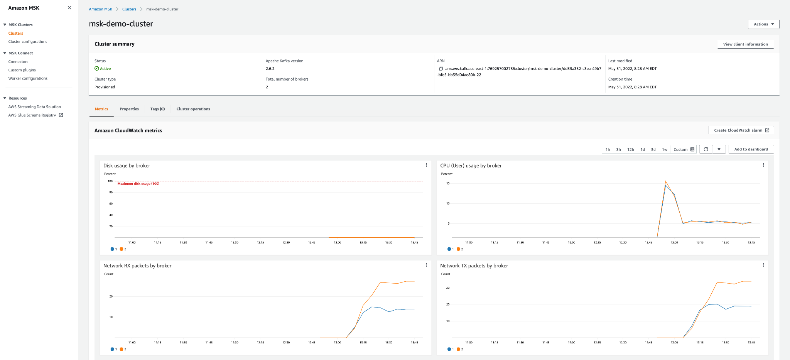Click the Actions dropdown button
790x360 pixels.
[763, 24]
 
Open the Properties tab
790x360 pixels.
[129, 109]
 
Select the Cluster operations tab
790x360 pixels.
[193, 109]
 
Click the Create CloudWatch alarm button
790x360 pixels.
[741, 130]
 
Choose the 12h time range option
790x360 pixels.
[630, 150]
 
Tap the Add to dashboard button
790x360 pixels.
[751, 149]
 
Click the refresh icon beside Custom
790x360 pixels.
[706, 149]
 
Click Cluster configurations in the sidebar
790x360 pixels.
[28, 42]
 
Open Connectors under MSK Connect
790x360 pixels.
[19, 62]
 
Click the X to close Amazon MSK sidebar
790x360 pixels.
[69, 8]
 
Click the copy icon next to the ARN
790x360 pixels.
[441, 69]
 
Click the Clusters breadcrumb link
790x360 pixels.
[129, 9]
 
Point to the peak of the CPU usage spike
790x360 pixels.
[665, 181]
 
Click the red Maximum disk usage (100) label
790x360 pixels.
[138, 184]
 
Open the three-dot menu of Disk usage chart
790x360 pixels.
[426, 165]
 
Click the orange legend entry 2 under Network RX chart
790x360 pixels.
[123, 349]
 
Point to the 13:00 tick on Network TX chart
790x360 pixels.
[674, 342]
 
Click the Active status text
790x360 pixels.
[105, 69]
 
